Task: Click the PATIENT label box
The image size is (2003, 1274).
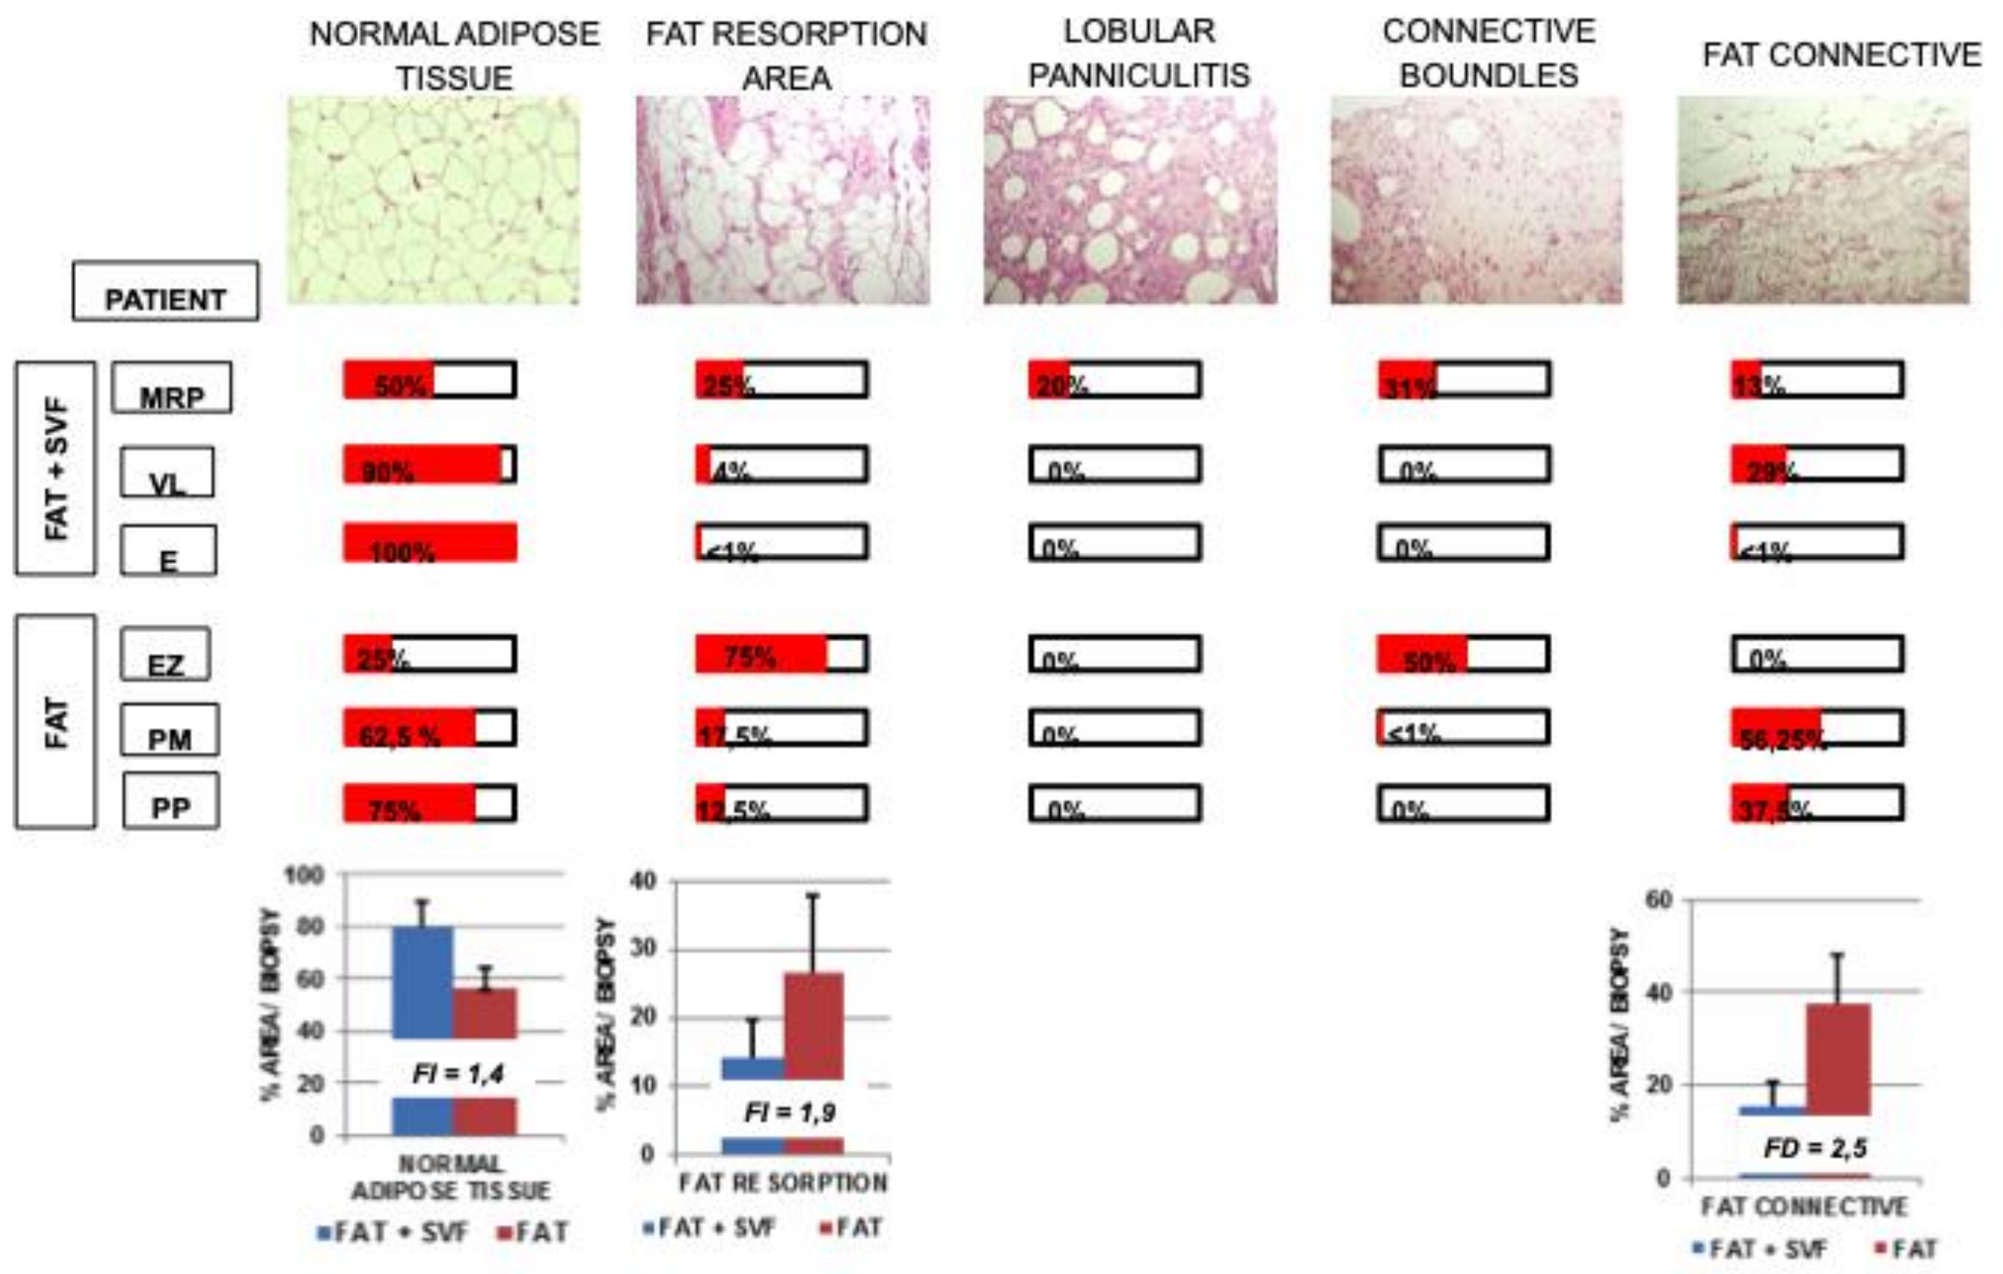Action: click(x=165, y=291)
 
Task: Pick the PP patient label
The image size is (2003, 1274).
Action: click(x=171, y=801)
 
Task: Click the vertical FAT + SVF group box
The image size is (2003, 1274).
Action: click(x=55, y=468)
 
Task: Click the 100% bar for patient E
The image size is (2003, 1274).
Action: click(x=430, y=543)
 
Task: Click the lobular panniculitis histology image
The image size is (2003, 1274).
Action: click(x=1130, y=201)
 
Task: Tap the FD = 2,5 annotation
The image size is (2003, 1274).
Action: click(x=1814, y=1148)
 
